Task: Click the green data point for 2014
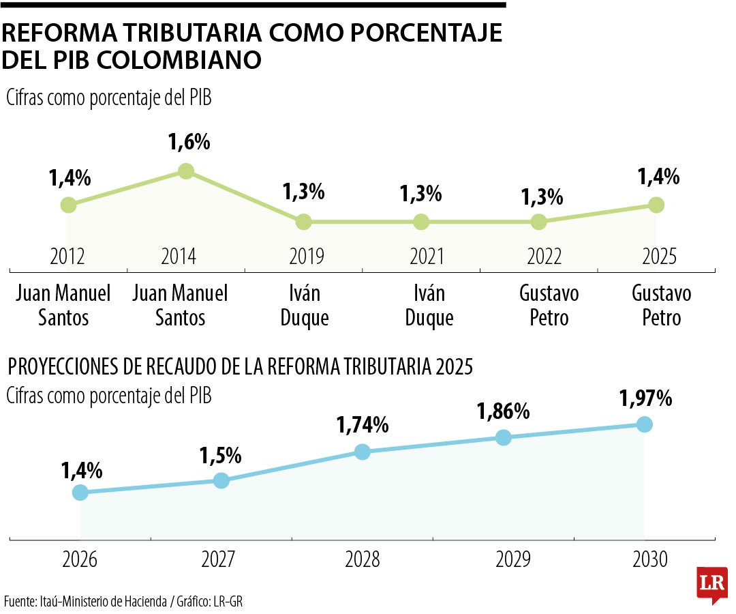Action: (x=185, y=171)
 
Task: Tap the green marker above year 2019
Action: (x=304, y=222)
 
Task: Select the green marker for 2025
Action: (x=656, y=205)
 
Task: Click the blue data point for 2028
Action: (x=363, y=452)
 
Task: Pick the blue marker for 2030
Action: (x=644, y=424)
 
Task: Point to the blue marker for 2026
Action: (x=80, y=492)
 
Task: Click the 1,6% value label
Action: (x=189, y=143)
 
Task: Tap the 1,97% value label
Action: (x=645, y=398)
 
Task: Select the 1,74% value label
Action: (x=363, y=425)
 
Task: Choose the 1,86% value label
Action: (x=503, y=411)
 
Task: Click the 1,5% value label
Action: (x=221, y=454)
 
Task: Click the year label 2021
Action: (x=426, y=257)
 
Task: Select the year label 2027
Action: (x=219, y=560)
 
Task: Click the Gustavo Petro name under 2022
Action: (x=549, y=305)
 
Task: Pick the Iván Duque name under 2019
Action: (x=305, y=305)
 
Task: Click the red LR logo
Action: (x=712, y=584)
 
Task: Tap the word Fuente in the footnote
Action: (x=19, y=601)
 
